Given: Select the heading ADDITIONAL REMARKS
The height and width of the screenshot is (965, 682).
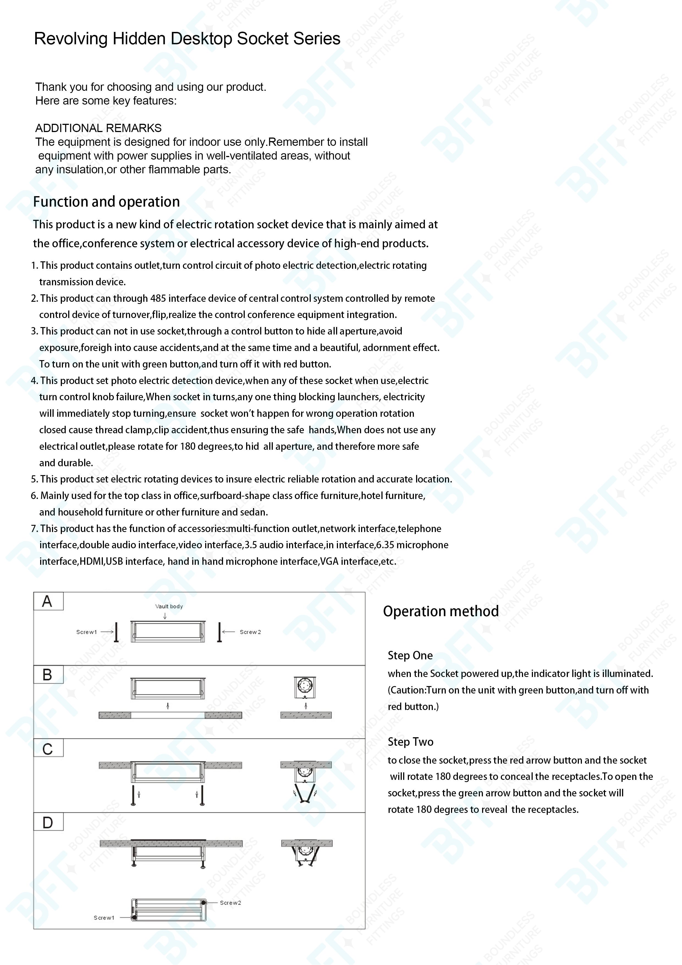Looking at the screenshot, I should [98, 128].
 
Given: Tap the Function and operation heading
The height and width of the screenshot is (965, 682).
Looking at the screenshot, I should [106, 202].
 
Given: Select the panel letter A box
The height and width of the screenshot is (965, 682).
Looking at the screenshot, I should [48, 601].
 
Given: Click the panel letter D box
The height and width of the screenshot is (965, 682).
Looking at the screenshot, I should [48, 823].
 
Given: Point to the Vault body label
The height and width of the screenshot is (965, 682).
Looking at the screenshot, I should [169, 607].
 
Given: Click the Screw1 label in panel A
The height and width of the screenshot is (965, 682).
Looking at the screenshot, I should [87, 632].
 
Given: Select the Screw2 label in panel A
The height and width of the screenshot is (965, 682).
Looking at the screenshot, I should [250, 632].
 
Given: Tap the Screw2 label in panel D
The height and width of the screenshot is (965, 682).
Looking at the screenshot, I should [230, 903].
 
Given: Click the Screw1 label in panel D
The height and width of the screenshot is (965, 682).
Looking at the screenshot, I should [104, 918].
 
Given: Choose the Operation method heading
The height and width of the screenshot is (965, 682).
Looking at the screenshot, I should [441, 611].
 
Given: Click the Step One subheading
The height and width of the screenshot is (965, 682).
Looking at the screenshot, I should [410, 656].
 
